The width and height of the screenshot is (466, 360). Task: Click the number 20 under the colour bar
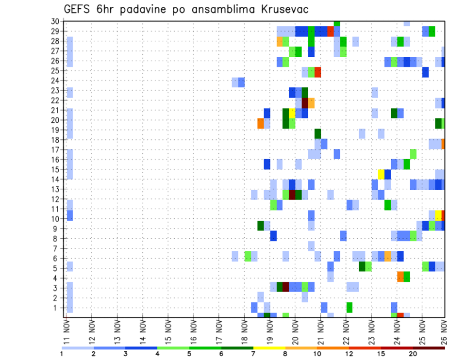[x=413, y=354]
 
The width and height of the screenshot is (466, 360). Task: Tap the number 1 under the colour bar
[x=62, y=354]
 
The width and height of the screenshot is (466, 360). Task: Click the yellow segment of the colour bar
[x=269, y=348]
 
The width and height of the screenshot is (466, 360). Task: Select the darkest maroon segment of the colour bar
[x=429, y=348]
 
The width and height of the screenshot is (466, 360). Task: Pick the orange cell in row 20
[x=261, y=123]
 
